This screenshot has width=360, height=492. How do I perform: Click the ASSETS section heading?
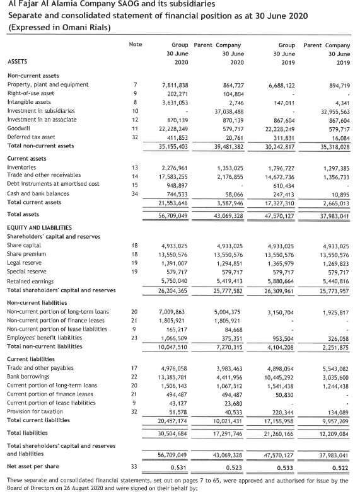16,62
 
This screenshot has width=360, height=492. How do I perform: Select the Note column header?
135,45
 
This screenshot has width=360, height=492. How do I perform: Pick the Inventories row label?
20,150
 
